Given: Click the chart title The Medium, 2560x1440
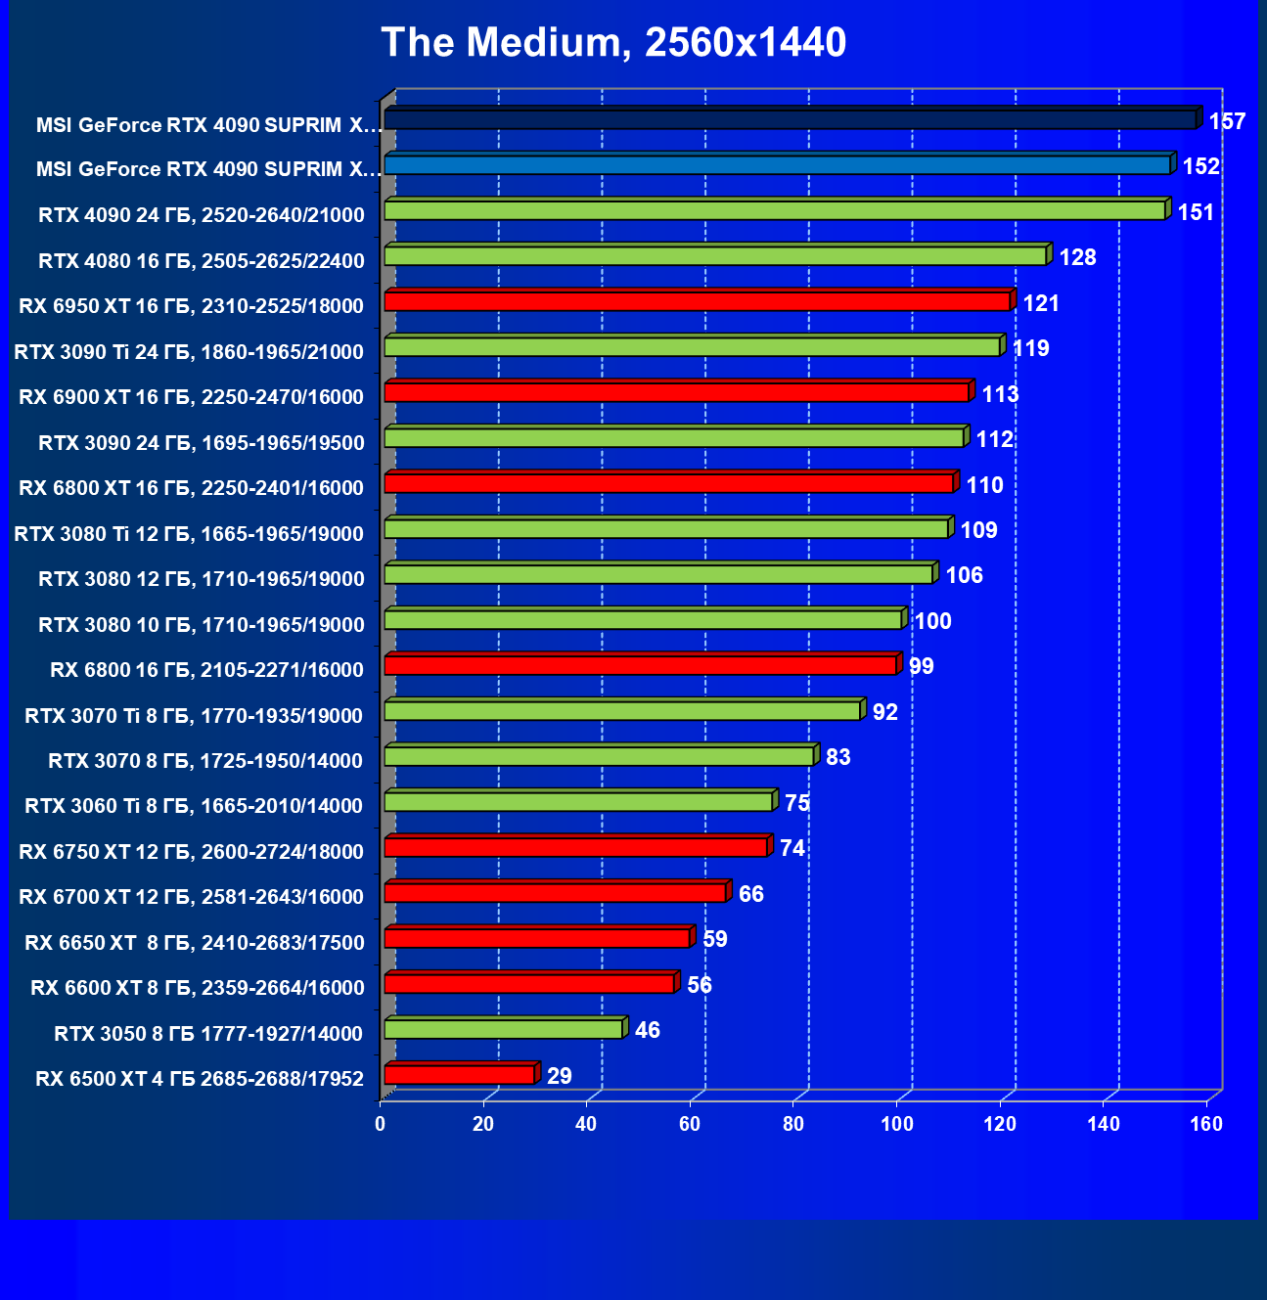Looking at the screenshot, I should pos(613,42).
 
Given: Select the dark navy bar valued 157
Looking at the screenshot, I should pos(790,119).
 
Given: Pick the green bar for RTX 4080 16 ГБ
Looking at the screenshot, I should pos(715,256).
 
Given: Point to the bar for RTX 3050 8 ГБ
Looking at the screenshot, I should pos(504,1029).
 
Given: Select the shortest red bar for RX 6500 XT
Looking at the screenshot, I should pos(460,1075).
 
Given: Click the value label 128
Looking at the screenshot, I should pos(1077,257).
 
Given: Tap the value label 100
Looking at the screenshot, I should pos(932,621).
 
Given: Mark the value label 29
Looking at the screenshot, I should pos(559,1076).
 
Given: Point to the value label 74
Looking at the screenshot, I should pos(792,848).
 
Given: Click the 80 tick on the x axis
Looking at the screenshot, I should pos(793,1124).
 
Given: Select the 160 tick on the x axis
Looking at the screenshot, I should pos(1206,1124).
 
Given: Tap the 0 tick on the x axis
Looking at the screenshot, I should pos(381,1124).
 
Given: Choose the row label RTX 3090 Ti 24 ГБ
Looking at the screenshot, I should pos(189,352).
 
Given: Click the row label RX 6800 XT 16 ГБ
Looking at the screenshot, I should pos(191,488).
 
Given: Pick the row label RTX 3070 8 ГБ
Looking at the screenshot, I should pos(205,761).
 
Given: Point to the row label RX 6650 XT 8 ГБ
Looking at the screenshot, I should pos(195,943).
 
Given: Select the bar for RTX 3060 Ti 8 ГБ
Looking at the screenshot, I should pos(579,802).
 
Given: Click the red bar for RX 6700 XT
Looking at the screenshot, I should pos(556,893).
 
